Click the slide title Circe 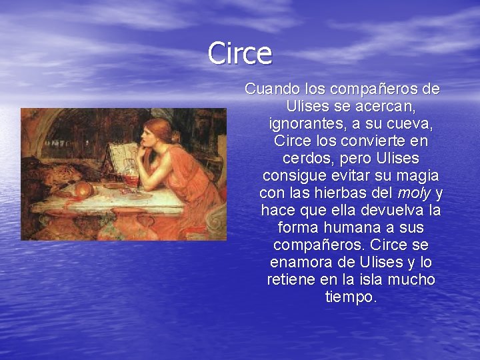[239, 53]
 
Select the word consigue [291, 175]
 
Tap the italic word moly [414, 193]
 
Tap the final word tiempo [351, 297]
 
